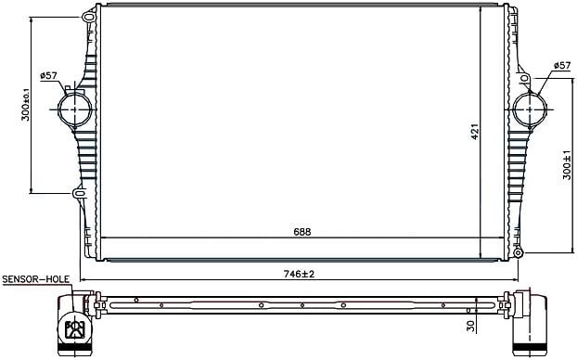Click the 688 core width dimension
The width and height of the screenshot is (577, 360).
click(302, 232)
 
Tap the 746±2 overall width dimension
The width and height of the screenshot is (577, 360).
click(299, 274)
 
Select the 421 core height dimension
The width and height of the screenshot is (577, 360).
click(475, 131)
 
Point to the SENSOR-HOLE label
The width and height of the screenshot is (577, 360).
click(35, 279)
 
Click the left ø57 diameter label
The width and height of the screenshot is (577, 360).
click(49, 76)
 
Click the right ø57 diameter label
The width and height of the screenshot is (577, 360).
click(562, 66)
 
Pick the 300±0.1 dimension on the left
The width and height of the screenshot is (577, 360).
click(26, 104)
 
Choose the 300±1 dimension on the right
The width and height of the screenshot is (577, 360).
click(567, 165)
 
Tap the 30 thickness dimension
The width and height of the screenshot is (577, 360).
click(470, 325)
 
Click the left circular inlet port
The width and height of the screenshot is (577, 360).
click(75, 109)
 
